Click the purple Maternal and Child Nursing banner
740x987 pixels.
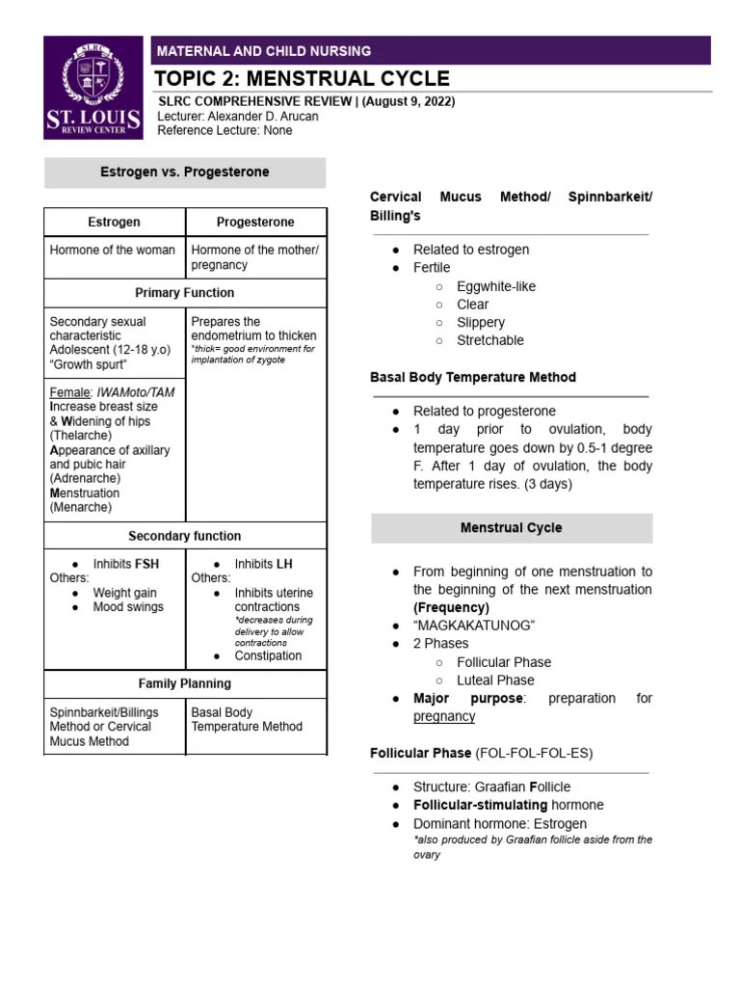431,50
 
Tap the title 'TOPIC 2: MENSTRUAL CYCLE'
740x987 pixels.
304,79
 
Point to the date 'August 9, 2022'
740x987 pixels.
406,101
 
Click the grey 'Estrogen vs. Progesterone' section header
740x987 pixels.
185,173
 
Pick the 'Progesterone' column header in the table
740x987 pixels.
255,222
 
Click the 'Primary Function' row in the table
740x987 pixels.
185,292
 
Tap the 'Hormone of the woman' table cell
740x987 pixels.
113,250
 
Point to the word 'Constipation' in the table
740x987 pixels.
268,655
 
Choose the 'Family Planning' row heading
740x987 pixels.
185,683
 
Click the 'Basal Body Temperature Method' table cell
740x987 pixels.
247,719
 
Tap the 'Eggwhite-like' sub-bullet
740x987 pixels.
495,286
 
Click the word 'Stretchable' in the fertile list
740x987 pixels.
490,340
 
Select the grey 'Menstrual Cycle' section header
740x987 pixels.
512,528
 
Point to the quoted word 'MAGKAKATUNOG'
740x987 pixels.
474,626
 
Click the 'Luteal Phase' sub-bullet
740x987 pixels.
495,680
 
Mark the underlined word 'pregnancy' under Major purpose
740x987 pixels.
444,716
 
